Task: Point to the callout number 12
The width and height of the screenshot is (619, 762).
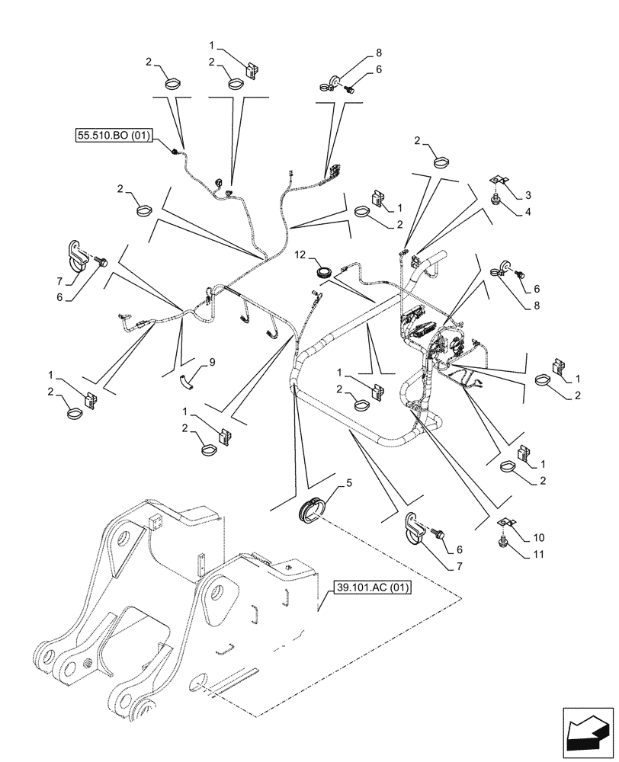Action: click(x=302, y=253)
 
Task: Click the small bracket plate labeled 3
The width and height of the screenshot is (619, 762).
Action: click(x=498, y=181)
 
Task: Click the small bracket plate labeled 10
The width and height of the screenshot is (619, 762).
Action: click(x=504, y=523)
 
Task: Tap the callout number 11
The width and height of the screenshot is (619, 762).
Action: click(x=540, y=555)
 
